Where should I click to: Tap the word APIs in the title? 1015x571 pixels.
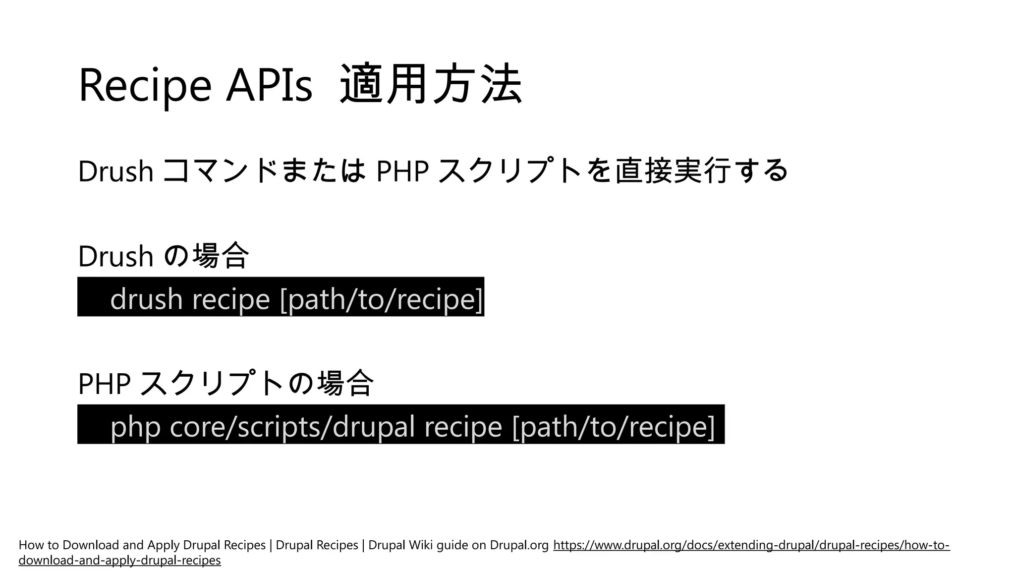[x=269, y=85]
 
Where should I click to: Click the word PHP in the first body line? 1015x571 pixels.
[x=402, y=171]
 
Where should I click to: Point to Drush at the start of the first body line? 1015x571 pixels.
[x=115, y=171]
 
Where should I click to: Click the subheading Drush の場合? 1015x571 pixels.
[x=163, y=256]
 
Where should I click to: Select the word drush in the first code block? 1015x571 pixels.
[x=146, y=299]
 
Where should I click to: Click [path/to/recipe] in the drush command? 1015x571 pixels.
[x=381, y=299]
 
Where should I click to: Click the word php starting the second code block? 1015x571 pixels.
[x=135, y=427]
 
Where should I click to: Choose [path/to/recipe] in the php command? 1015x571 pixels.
[x=614, y=426]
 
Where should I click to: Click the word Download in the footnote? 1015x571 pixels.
[x=91, y=545]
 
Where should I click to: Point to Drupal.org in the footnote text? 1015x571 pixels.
[x=519, y=545]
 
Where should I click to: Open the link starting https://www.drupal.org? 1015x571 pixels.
[x=751, y=545]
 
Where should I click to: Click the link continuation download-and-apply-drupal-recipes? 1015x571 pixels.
[x=119, y=561]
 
